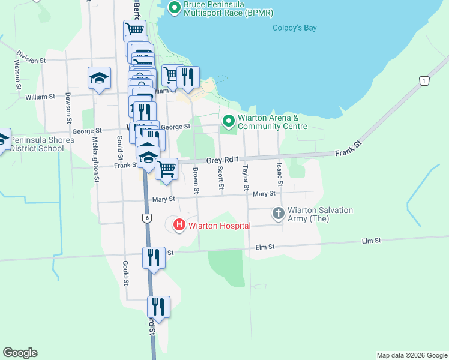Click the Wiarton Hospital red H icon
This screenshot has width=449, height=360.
click(x=179, y=226)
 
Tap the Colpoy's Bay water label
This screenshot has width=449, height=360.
click(x=294, y=28)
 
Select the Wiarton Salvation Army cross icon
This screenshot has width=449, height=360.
click(x=278, y=213)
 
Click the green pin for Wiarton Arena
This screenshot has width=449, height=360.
click(x=228, y=122)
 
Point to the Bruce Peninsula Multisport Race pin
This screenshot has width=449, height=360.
click(x=175, y=8)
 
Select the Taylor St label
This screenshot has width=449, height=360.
click(x=246, y=179)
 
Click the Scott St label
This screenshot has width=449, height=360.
click(x=221, y=179)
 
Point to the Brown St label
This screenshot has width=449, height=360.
click(x=196, y=181)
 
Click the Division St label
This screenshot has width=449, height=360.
click(x=31, y=61)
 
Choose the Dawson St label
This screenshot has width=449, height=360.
click(x=69, y=103)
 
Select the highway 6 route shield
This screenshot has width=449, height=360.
click(x=146, y=218)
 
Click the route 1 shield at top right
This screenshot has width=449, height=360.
click(x=424, y=80)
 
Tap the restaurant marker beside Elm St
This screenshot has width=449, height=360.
click(x=154, y=257)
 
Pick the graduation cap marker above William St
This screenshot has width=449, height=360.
click(x=99, y=78)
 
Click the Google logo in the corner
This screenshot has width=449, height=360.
click(x=20, y=353)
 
